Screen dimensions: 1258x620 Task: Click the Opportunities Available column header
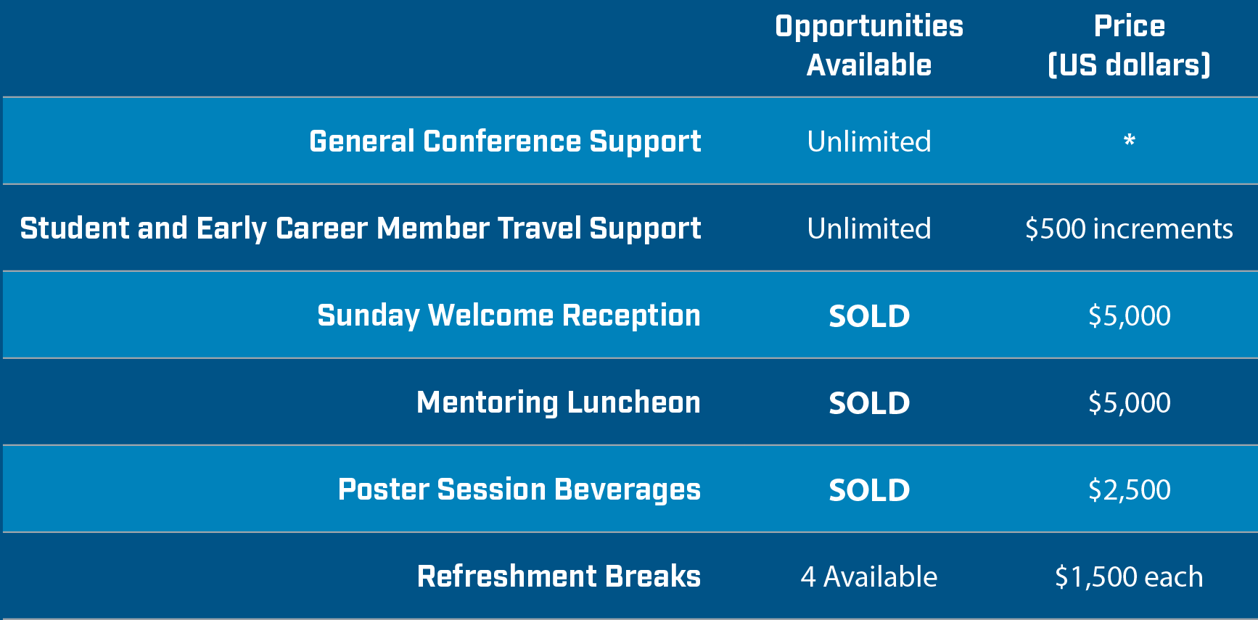click(869, 45)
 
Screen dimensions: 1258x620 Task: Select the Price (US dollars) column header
click(1130, 45)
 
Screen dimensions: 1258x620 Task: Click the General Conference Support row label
click(505, 141)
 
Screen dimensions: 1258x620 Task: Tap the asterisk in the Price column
click(1130, 140)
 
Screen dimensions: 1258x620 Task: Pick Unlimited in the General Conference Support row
click(869, 141)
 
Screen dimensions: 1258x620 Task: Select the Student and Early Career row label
click(361, 228)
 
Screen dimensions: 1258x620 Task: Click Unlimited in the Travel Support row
click(869, 228)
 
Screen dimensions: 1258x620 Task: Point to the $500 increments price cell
click(1129, 228)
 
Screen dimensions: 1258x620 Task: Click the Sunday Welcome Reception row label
click(509, 315)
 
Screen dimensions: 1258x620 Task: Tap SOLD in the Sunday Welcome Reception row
click(869, 316)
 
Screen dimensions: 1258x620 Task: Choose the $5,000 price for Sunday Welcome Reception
click(1130, 316)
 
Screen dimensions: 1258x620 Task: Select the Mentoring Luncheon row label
click(559, 402)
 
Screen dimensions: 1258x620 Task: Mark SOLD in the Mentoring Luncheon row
click(869, 403)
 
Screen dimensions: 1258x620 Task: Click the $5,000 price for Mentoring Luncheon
click(1130, 403)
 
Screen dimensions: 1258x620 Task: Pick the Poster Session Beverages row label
click(519, 489)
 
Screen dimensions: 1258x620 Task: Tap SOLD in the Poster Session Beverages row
click(869, 490)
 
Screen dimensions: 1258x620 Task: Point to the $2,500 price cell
click(1130, 490)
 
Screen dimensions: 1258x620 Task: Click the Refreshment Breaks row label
click(559, 576)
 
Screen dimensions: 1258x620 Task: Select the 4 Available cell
click(869, 577)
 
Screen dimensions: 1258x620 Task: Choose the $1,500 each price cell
click(1129, 577)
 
